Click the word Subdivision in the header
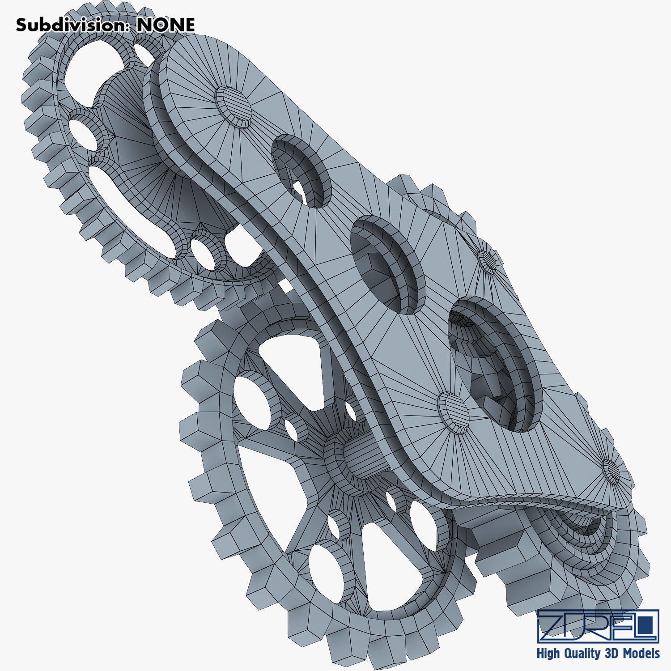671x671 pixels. [x=70, y=25]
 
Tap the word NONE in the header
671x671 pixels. [x=166, y=25]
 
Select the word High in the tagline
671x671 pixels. [x=548, y=654]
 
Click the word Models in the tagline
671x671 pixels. [x=641, y=654]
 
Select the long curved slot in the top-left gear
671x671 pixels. [x=130, y=210]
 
